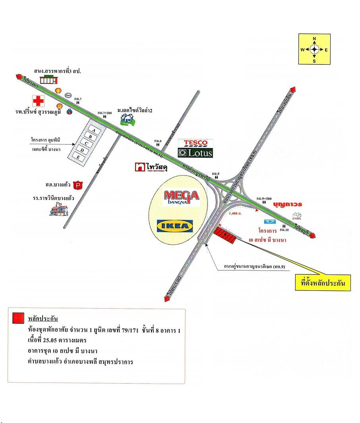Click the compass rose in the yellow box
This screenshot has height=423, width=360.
pyautogui.click(x=314, y=49)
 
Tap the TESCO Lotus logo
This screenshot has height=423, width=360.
pyautogui.click(x=195, y=148)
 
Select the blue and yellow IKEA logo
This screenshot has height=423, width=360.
pyautogui.click(x=175, y=226)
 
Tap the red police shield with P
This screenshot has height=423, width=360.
pyautogui.click(x=79, y=185)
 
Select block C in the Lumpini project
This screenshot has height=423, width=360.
pyautogui.click(x=87, y=143)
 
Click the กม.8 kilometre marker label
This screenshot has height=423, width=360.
pyautogui.click(x=158, y=141)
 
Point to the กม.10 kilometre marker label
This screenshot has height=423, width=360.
pyautogui.click(x=283, y=230)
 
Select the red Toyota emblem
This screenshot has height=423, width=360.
pyautogui.click(x=296, y=217)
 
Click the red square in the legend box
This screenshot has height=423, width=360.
pyautogui.click(x=18, y=318)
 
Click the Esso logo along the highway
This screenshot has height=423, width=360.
pyautogui.click(x=68, y=95)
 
